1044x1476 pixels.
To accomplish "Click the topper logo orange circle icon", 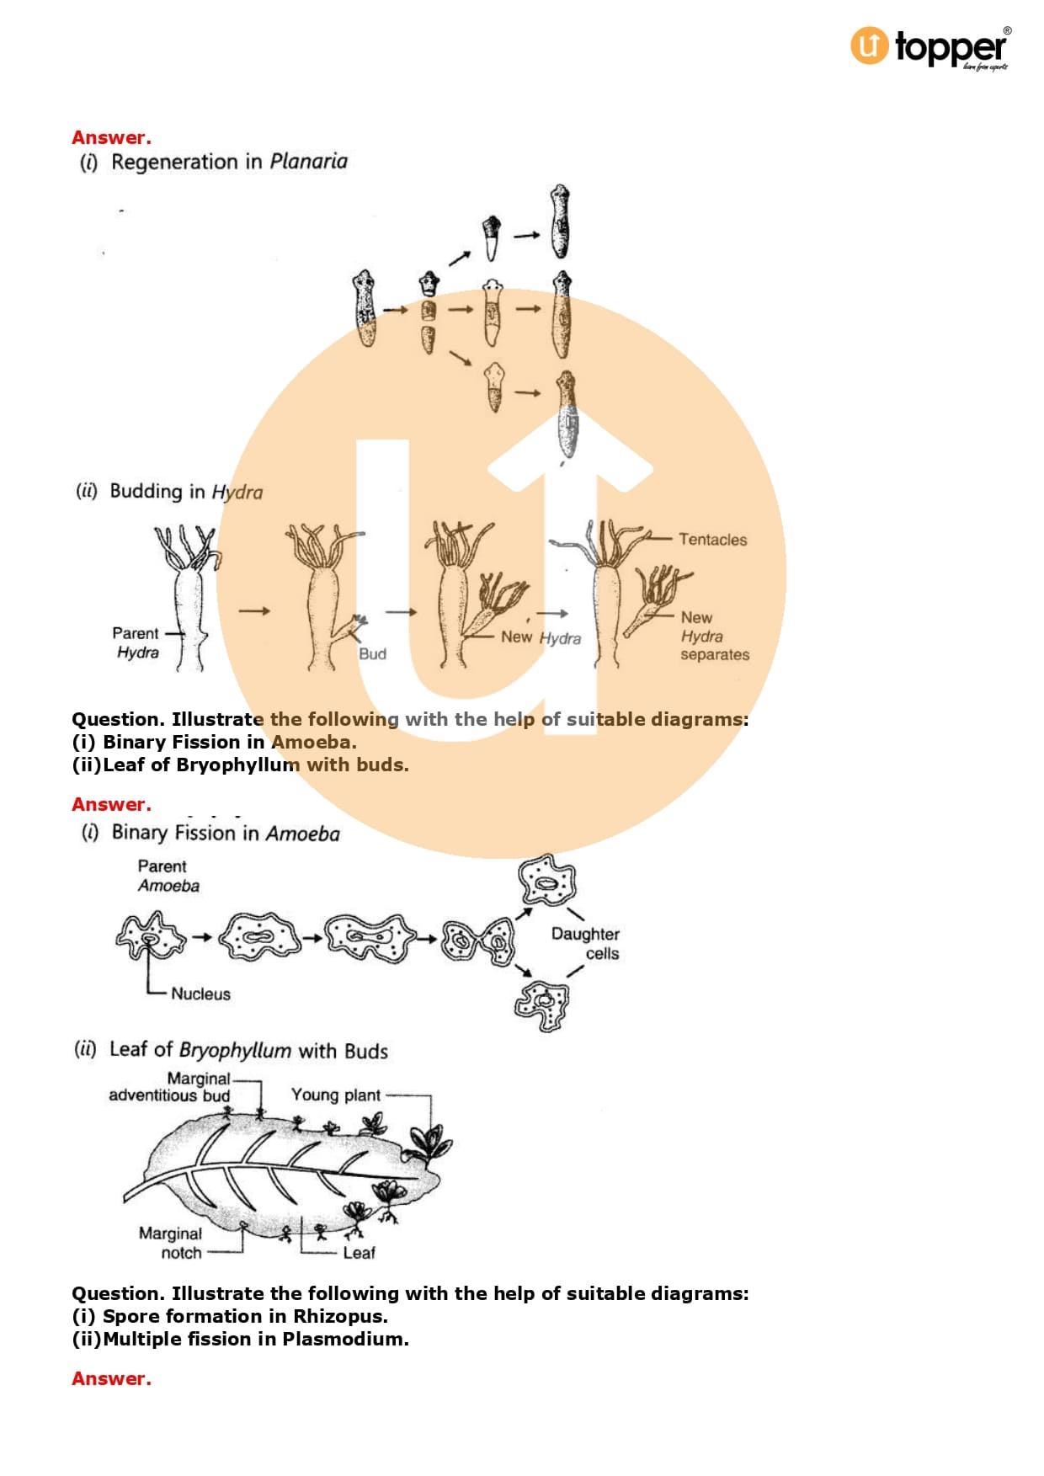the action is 869,45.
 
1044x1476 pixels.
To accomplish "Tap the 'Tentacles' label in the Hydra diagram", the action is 712,540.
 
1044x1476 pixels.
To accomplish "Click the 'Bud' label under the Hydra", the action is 372,654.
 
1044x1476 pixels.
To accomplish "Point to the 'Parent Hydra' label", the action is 136,642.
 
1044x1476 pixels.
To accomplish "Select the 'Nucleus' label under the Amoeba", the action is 200,994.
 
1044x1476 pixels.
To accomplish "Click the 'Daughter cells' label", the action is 586,944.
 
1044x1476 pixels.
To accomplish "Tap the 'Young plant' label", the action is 336,1095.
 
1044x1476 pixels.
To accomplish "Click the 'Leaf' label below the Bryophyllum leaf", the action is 359,1253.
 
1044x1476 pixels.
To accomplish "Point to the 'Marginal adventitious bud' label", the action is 169,1087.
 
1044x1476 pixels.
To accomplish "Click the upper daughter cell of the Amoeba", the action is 547,881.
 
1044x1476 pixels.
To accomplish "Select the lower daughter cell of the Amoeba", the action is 541,1004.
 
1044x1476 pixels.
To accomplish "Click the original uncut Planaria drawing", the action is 365,308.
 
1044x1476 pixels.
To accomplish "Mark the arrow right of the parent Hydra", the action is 254,610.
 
